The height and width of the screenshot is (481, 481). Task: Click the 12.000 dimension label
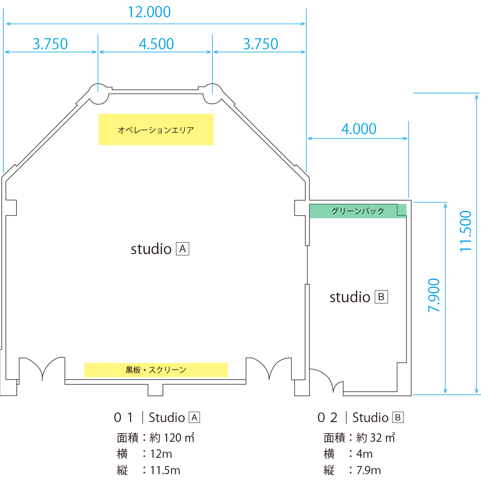[x=149, y=12]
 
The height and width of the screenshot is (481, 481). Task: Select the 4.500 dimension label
[x=156, y=44]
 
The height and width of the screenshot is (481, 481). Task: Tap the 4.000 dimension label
[x=359, y=129]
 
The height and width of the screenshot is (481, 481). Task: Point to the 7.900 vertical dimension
[x=434, y=295]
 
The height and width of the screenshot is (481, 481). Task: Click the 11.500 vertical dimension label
[x=465, y=231]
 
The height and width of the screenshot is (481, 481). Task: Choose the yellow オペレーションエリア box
[x=156, y=129]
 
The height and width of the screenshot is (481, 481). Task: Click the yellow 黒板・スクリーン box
[x=156, y=370]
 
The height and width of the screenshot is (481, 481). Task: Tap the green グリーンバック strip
[x=358, y=211]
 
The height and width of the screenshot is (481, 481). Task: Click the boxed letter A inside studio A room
[x=182, y=249]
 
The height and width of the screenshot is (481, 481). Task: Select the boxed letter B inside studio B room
[x=381, y=297]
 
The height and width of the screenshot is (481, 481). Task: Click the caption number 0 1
[x=123, y=418]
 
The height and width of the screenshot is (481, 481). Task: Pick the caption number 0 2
[x=327, y=418]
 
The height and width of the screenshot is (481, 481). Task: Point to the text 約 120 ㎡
[x=172, y=438]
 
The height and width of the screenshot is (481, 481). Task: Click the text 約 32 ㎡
[x=376, y=438]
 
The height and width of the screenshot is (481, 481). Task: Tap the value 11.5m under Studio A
[x=165, y=470]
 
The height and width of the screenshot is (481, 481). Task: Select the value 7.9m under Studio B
[x=369, y=470]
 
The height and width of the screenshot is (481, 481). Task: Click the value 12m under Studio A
[x=161, y=454]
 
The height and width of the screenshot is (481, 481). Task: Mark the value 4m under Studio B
[x=364, y=454]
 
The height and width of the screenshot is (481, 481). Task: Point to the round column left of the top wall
[x=98, y=94]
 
